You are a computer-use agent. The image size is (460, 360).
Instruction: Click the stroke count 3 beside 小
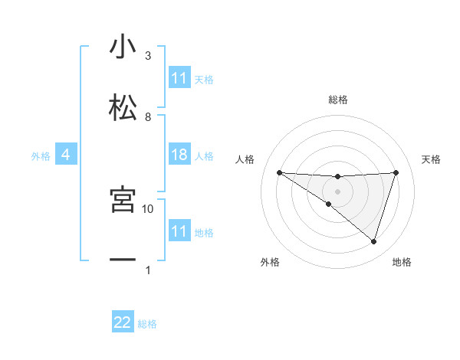point(148,56)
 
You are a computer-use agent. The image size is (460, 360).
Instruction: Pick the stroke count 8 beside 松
point(148,117)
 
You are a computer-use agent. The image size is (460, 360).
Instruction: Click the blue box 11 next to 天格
point(179,78)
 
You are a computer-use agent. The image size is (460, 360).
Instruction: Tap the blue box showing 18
point(179,155)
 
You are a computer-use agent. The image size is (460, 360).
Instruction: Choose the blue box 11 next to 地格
point(179,231)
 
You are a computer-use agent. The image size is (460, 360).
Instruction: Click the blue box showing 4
point(66,155)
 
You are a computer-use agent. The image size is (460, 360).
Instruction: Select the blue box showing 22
point(123,322)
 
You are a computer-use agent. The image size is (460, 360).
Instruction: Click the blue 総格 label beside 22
point(147,323)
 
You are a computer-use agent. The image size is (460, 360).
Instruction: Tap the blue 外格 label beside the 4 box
point(41,155)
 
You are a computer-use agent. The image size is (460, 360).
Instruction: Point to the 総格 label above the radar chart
point(337,100)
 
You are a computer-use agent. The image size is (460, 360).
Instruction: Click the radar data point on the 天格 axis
point(396,172)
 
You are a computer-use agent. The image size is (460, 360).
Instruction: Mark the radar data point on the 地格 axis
point(373,241)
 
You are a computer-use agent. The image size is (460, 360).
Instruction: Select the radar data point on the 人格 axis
point(279,172)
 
